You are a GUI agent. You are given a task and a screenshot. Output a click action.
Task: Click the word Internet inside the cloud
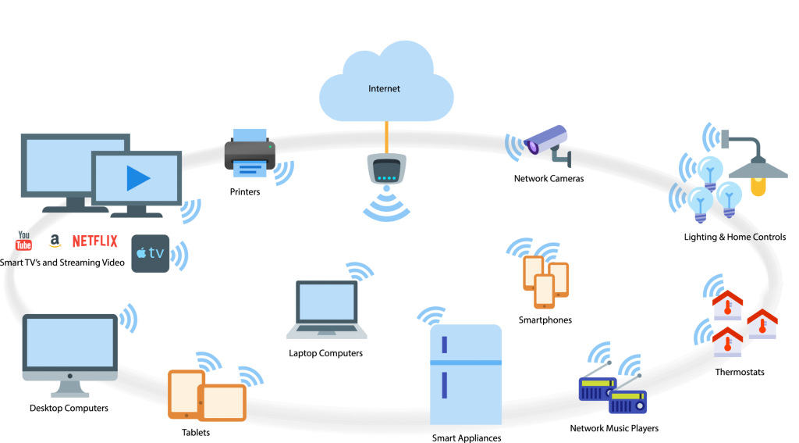coord(384,89)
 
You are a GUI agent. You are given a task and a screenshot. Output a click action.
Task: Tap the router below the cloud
coord(387,169)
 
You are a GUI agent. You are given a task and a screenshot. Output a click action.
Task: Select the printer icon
coord(250,153)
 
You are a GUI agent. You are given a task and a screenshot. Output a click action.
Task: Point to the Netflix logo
coord(95,241)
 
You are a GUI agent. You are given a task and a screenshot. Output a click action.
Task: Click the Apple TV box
coord(151,253)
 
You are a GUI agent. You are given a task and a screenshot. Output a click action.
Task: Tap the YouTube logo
coord(23,243)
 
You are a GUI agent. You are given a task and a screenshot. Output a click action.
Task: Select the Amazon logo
coord(54,241)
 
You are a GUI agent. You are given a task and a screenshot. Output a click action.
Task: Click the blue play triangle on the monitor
coord(137,179)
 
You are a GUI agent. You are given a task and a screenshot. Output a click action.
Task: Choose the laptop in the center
coord(326,309)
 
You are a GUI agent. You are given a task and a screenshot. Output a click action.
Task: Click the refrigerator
coord(466,375)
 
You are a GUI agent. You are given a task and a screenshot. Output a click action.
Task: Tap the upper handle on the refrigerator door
coord(444,344)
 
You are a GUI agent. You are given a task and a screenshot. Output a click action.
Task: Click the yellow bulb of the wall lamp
coord(758,187)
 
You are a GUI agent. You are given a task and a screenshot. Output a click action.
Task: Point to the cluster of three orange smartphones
coord(545,280)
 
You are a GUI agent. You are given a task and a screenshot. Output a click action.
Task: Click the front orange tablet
coord(222,402)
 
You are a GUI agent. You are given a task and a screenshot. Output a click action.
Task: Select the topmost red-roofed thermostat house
coord(727,305)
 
